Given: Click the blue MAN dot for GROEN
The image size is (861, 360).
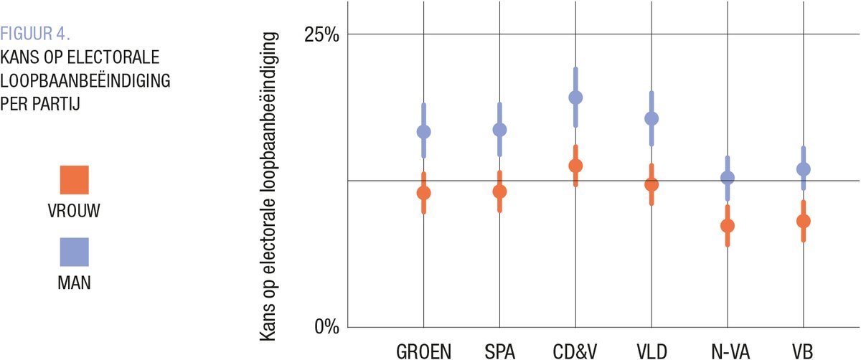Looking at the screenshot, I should [x=424, y=132].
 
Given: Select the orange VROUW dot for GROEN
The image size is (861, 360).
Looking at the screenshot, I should [x=424, y=193].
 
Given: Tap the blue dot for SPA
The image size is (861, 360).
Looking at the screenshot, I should [x=499, y=130].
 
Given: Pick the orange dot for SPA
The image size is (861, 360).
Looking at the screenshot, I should [x=499, y=191].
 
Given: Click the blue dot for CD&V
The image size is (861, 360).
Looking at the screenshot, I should [x=575, y=98].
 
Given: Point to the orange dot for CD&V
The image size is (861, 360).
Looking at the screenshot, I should [x=575, y=166].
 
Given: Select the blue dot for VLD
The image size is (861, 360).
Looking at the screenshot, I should [x=651, y=118].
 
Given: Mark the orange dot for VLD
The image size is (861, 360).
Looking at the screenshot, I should [x=651, y=184].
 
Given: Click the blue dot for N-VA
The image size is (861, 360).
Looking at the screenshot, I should [x=728, y=178].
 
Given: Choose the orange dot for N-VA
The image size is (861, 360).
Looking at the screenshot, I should [x=728, y=226].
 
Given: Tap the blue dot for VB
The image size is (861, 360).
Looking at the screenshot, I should [x=803, y=169].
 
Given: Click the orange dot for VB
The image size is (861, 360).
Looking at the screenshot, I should [x=803, y=221].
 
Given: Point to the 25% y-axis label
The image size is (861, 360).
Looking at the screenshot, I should [x=322, y=35].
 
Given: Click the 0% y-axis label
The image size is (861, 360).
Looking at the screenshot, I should [x=326, y=326].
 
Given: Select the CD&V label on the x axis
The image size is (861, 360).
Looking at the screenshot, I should [x=575, y=351].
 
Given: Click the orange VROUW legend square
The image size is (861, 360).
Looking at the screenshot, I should [x=74, y=180].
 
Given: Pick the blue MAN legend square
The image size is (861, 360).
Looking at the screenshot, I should [x=74, y=252].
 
